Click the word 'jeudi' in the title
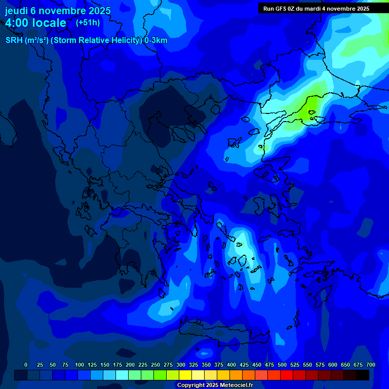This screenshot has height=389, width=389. [16, 11]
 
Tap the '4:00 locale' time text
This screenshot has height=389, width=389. [35, 23]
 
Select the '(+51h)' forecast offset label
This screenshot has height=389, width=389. [88, 23]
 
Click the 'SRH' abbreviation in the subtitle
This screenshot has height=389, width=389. [14, 41]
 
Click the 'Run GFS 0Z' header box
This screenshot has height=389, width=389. [316, 9]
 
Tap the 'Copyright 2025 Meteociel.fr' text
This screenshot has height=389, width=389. [215, 385]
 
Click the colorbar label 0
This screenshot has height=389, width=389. [26, 365]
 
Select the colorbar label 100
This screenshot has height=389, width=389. [80, 365]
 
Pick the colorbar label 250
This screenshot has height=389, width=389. [155, 365]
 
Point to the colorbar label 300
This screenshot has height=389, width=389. [181, 365]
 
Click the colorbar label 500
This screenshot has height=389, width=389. [282, 365]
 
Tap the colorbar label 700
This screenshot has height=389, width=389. [370, 365]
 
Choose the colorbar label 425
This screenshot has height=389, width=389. [244, 365]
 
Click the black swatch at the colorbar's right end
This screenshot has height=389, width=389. [363, 375]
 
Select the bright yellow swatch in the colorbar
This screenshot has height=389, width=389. [185, 375]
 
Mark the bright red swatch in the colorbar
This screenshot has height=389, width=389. [287, 375]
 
